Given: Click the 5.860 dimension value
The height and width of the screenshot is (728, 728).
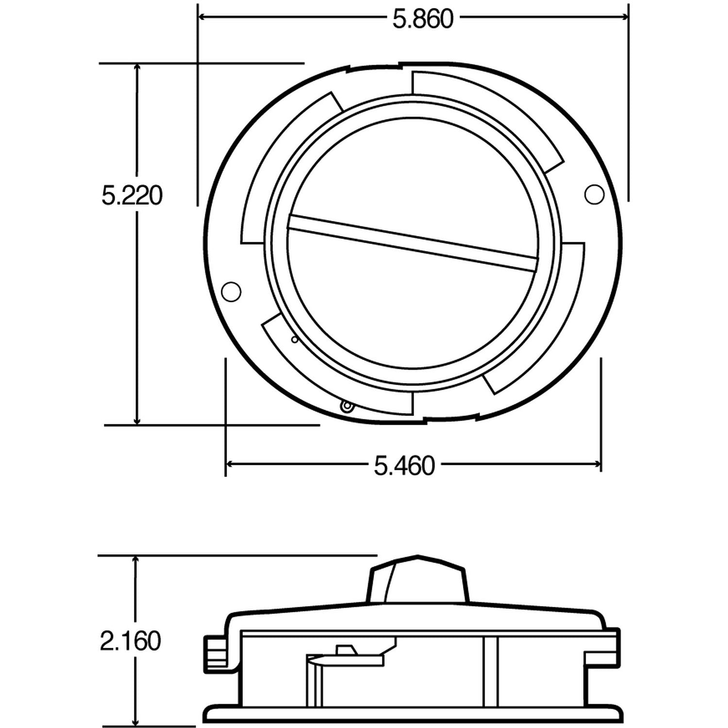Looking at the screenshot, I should [423, 19].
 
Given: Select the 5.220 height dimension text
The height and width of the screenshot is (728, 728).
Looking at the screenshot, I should [132, 196].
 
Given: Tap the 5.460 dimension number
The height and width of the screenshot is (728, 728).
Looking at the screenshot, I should [404, 466].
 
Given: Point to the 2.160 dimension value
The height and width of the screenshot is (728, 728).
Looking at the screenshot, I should [130, 641].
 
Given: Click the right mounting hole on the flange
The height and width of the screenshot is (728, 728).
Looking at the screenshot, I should [592, 195].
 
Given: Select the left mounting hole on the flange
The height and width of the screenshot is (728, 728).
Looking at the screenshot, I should [231, 291].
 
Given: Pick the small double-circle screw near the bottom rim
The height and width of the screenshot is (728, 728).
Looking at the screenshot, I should [346, 406].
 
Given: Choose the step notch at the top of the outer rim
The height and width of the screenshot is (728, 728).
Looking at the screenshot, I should [399, 64].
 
